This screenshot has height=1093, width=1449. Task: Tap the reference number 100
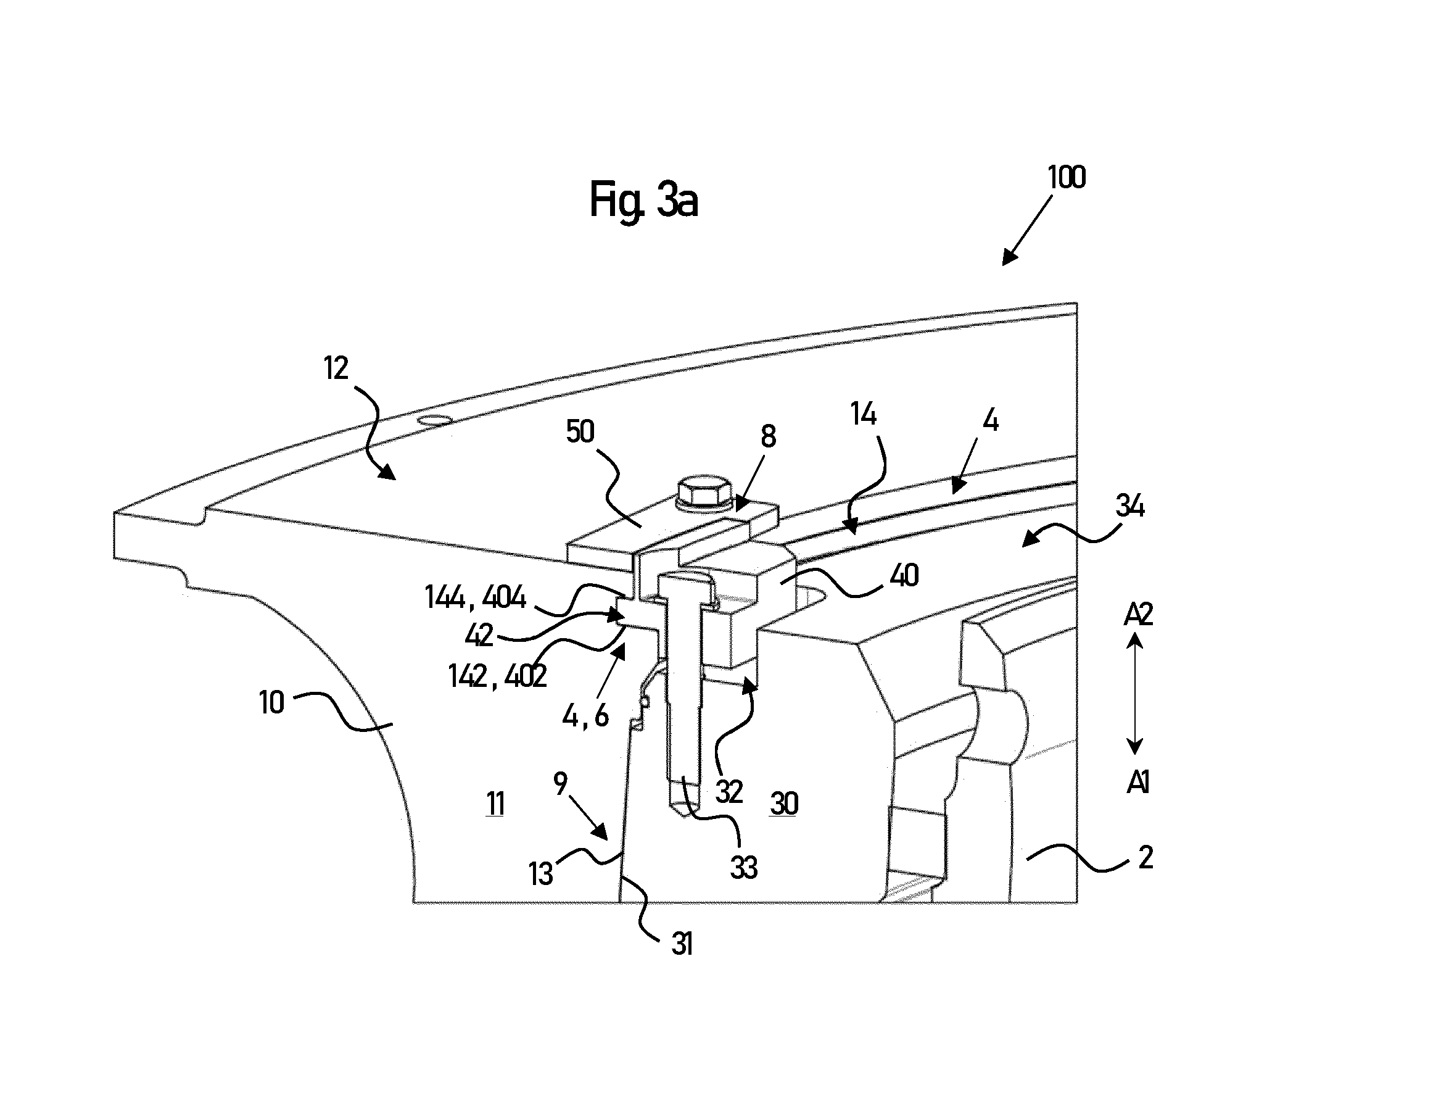tap(1067, 178)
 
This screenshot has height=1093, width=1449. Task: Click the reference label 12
tap(336, 368)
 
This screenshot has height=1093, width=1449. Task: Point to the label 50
tap(580, 432)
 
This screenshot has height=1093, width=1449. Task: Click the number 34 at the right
tap(1130, 506)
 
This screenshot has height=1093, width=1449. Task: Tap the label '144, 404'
tap(475, 597)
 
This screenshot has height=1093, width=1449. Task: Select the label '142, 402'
tap(497, 676)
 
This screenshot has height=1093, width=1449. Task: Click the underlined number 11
tap(495, 804)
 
